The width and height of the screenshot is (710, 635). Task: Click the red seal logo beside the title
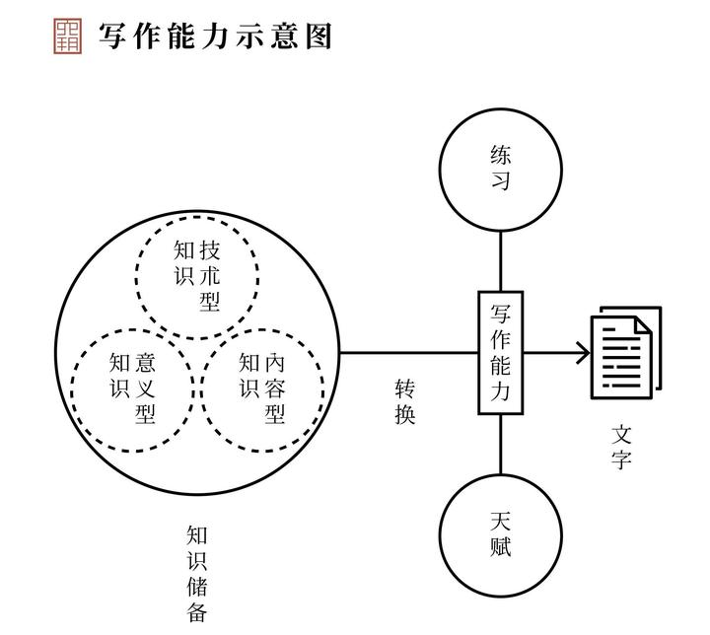point(67,35)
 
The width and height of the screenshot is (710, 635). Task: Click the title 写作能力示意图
point(215,35)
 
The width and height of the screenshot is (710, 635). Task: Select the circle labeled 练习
point(500,168)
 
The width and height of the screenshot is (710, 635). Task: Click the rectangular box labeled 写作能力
point(500,351)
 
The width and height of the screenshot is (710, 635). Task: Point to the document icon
point(625,353)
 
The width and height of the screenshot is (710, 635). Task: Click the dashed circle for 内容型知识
point(261,388)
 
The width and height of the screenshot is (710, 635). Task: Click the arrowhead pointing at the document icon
point(582,352)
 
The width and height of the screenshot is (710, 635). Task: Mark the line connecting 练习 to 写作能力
point(500,261)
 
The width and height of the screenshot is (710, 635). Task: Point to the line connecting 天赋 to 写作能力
point(500,444)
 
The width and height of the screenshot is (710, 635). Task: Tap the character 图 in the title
point(317,35)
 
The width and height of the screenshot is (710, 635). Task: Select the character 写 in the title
point(113,35)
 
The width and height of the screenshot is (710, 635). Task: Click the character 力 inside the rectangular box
point(500,391)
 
